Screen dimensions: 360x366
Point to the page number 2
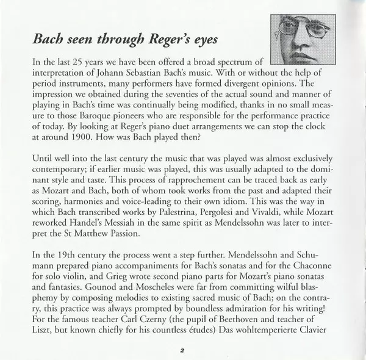tap(182, 350)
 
